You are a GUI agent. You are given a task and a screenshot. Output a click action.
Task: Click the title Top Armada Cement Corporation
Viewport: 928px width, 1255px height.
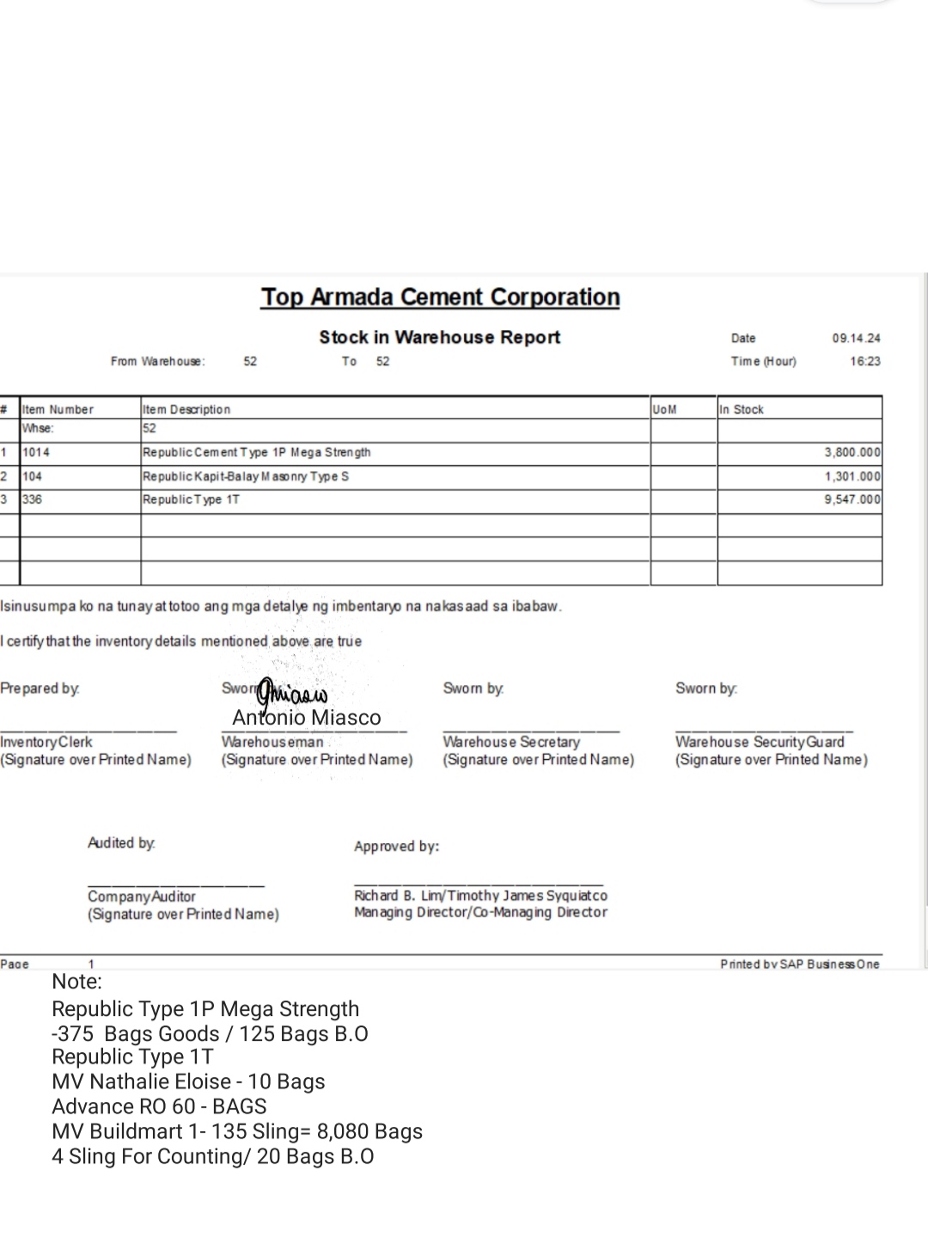pos(440,297)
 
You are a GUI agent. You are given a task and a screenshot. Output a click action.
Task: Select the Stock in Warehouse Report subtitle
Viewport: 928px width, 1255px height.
pos(439,337)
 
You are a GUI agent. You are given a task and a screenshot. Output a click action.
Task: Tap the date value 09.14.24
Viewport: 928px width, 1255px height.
pos(856,339)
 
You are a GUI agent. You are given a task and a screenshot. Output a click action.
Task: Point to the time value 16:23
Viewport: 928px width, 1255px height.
pos(865,361)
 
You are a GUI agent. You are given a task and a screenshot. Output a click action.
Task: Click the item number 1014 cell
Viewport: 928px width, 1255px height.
pos(36,452)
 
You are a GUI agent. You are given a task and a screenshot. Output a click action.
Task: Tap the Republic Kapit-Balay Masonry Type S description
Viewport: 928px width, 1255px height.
pos(246,476)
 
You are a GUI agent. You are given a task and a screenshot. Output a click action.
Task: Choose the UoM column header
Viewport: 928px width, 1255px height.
pos(664,409)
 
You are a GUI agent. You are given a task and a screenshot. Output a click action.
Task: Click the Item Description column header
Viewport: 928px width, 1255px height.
pos(186,409)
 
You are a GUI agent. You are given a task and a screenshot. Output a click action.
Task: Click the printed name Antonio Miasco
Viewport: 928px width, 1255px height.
pos(306,718)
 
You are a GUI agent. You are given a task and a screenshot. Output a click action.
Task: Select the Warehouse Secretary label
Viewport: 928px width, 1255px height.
pos(511,742)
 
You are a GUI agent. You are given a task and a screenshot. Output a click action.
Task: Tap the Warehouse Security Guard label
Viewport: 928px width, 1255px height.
pos(760,742)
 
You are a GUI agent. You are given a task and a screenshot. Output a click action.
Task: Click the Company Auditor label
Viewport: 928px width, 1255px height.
pos(142,897)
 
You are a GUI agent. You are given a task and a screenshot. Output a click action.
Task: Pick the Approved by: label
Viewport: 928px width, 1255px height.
pos(396,847)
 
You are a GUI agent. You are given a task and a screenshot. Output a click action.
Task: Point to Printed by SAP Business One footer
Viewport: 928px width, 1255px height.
pos(800,964)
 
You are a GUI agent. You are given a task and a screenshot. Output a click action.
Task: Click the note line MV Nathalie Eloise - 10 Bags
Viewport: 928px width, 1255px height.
pos(188,1081)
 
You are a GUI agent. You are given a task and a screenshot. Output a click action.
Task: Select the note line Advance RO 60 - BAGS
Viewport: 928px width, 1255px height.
pos(159,1106)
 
